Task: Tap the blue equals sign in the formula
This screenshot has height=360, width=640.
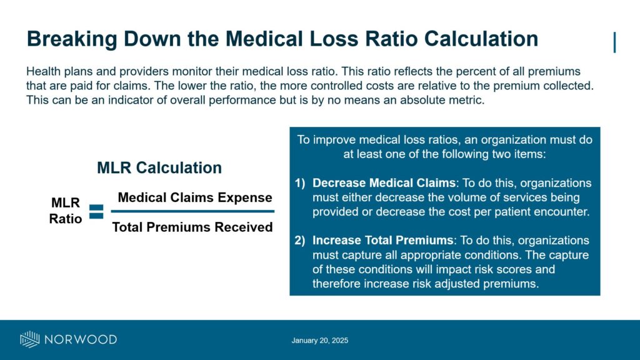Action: click(96, 211)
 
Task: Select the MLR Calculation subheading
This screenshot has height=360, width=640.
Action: click(159, 167)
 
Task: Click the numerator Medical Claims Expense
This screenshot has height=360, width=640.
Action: click(195, 197)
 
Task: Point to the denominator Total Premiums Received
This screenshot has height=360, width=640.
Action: click(192, 227)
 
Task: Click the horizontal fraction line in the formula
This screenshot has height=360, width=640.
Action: click(192, 212)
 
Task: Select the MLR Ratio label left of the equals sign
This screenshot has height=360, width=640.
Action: click(66, 211)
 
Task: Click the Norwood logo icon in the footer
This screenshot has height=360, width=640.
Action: click(30, 339)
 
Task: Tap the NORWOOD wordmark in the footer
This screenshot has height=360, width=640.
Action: click(80, 339)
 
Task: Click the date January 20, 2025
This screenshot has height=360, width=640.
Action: click(319, 341)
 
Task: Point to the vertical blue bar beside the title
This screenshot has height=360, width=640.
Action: click(615, 42)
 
